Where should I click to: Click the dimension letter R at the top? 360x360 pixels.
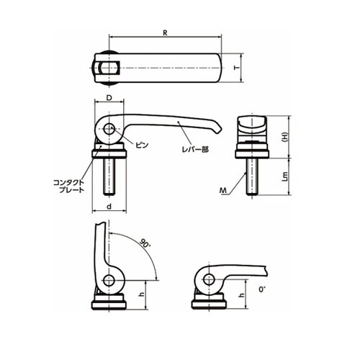(x=165, y=33)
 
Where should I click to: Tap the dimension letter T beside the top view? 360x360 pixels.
(x=238, y=68)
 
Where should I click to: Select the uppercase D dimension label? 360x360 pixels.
(x=109, y=98)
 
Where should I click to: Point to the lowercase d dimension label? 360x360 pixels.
(x=109, y=207)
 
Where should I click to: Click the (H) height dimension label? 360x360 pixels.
(x=284, y=137)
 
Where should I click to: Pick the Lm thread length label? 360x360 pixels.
(x=285, y=176)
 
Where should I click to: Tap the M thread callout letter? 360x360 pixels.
(x=223, y=191)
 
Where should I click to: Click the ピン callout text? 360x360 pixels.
(x=142, y=145)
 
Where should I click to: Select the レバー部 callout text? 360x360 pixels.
(x=195, y=150)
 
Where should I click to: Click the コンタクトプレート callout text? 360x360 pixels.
(x=69, y=186)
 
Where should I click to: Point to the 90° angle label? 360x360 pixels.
(x=145, y=243)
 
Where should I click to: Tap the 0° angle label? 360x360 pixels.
(x=262, y=289)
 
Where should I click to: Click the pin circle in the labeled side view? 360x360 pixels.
(x=109, y=129)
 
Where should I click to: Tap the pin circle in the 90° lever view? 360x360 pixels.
(x=109, y=280)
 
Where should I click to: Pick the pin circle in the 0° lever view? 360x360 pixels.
(x=209, y=279)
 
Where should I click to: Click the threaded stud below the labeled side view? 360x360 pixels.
(x=109, y=176)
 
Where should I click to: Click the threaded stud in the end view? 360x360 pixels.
(x=252, y=176)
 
